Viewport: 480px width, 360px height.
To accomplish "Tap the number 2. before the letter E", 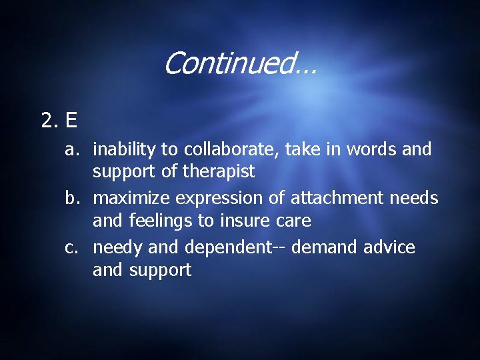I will [x=51, y=121].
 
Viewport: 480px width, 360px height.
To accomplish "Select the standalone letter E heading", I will [x=71, y=121].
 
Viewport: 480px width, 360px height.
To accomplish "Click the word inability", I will [x=121, y=150].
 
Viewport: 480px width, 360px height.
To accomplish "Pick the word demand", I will [x=325, y=248].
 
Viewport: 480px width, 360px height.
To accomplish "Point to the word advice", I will [x=389, y=248].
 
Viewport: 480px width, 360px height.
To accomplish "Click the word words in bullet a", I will [x=374, y=150].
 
